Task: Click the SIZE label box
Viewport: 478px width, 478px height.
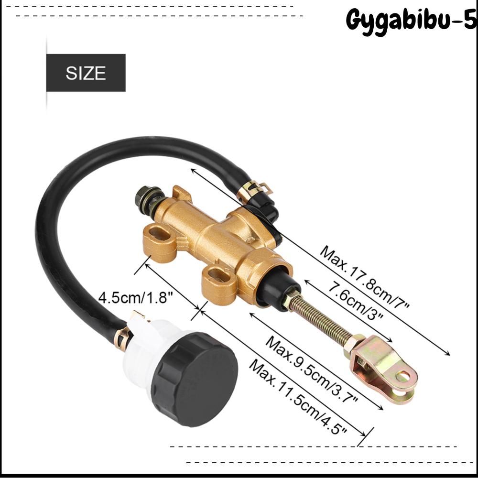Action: pyautogui.click(x=86, y=73)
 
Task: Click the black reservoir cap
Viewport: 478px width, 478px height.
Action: pyautogui.click(x=194, y=375)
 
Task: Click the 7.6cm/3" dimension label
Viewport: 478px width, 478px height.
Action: pyautogui.click(x=355, y=300)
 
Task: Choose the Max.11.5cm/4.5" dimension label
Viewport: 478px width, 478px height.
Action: pyautogui.click(x=298, y=396)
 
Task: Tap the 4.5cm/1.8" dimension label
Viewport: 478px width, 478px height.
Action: pyautogui.click(x=136, y=298)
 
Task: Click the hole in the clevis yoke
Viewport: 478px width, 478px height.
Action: pyautogui.click(x=402, y=375)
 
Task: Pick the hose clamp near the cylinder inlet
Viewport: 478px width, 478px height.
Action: pyautogui.click(x=252, y=188)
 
